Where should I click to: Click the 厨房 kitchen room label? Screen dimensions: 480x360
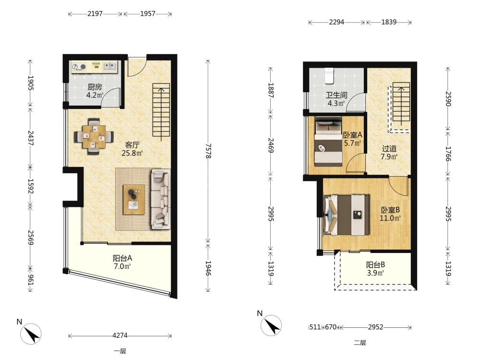(95, 87)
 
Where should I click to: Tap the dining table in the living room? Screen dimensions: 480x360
(94, 136)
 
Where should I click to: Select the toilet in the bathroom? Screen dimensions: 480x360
(329, 76)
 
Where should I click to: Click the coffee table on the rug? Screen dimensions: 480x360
(134, 200)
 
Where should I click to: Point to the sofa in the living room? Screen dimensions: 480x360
(160, 199)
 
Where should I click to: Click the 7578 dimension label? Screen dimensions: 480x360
(208, 151)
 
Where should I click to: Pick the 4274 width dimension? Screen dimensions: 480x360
(120, 336)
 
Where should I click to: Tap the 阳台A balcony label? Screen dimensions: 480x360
(122, 258)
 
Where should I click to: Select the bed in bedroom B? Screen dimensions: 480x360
(347, 215)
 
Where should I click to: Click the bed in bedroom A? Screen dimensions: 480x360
(328, 142)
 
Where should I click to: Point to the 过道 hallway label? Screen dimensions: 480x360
(389, 149)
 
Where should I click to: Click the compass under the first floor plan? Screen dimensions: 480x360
(31, 334)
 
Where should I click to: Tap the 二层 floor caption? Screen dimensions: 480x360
(360, 343)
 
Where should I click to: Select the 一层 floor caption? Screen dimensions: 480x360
(120, 351)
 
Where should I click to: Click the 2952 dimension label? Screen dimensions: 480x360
(375, 327)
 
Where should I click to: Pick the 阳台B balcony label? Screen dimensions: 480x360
(375, 265)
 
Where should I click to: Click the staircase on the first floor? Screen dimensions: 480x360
(161, 112)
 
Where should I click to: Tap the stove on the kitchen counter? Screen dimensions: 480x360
(79, 67)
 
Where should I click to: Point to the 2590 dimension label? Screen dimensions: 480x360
(447, 98)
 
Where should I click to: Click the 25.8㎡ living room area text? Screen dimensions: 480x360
(132, 153)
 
